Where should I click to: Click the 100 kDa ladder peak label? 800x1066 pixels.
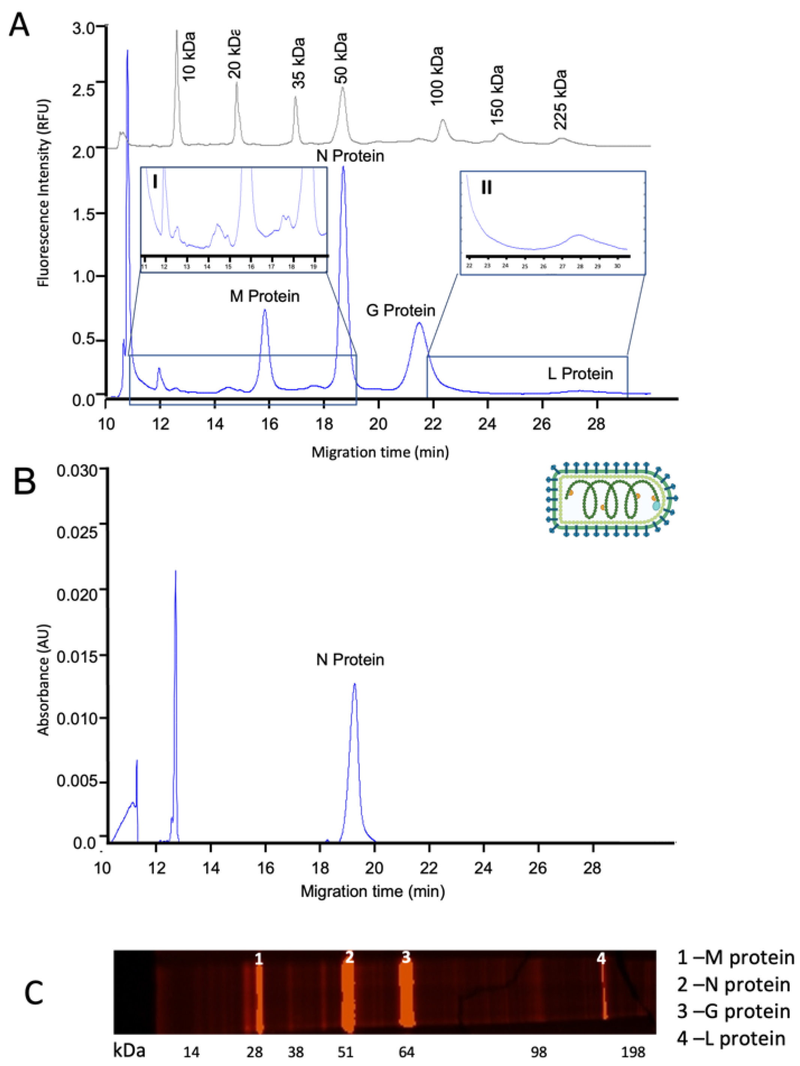436,76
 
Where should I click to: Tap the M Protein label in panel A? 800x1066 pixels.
264,296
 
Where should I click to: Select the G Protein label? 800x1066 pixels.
401,310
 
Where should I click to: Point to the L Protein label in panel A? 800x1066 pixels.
580,373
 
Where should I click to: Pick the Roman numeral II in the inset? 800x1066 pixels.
487,187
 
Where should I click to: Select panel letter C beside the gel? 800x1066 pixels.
34,994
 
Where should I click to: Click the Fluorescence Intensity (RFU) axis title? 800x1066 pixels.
44,193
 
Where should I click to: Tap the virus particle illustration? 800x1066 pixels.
611,498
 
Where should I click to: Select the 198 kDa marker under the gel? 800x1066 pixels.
633,1051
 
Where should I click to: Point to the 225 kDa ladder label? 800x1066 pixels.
560,100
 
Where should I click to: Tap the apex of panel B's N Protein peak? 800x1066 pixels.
355,684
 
